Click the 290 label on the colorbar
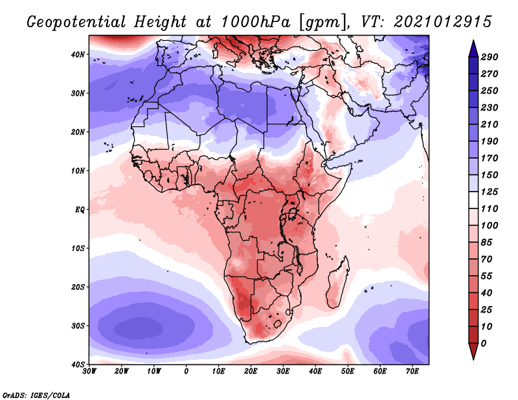point(490,58)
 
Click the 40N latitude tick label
point(78,54)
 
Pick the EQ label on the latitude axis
point(80,210)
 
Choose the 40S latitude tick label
point(78,364)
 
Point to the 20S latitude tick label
point(78,287)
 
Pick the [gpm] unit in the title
point(321,21)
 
